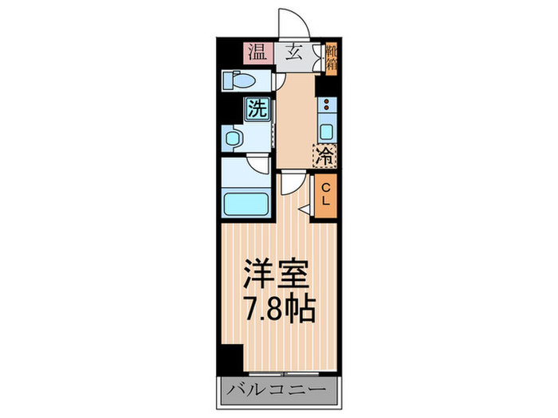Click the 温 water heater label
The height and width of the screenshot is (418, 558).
(x=257, y=54)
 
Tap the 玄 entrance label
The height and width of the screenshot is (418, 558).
(x=293, y=54)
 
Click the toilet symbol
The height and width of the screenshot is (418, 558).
(x=238, y=81)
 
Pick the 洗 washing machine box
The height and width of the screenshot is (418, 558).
(x=257, y=107)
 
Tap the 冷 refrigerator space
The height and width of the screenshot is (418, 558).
(x=325, y=154)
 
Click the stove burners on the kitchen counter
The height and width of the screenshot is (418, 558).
(x=326, y=104)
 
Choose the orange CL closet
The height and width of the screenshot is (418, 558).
(x=326, y=195)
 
